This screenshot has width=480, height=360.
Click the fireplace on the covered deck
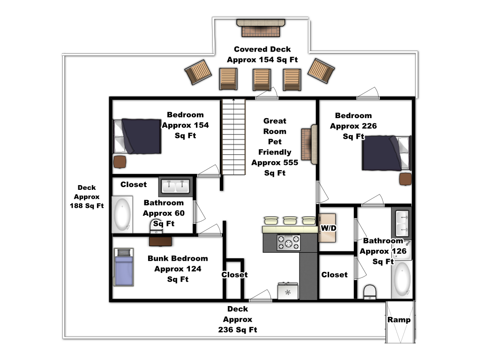[x=261, y=28]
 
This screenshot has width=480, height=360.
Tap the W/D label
[x=329, y=228]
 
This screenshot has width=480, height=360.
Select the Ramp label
[x=399, y=320]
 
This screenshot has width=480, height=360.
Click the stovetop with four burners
[x=288, y=243]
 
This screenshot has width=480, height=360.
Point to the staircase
[x=233, y=137]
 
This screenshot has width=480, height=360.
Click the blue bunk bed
[x=124, y=267]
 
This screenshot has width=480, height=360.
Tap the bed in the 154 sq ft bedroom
[x=137, y=136]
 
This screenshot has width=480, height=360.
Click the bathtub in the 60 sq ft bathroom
[x=122, y=214]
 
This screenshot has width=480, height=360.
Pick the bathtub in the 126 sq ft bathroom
[x=402, y=279]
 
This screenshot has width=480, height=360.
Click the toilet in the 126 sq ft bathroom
[x=370, y=292]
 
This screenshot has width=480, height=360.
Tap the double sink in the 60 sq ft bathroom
[x=176, y=187]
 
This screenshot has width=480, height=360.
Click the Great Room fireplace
[x=309, y=144]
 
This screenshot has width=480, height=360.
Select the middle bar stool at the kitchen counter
[x=290, y=220]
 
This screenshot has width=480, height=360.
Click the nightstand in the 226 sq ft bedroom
[x=405, y=179]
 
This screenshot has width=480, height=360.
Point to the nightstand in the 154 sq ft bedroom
[x=120, y=162]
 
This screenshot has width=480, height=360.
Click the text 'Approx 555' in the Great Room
[x=275, y=163]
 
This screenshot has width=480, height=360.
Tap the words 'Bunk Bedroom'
[x=178, y=258]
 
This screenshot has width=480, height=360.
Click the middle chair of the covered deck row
[x=262, y=79]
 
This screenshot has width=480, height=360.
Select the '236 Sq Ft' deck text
[x=238, y=330]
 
